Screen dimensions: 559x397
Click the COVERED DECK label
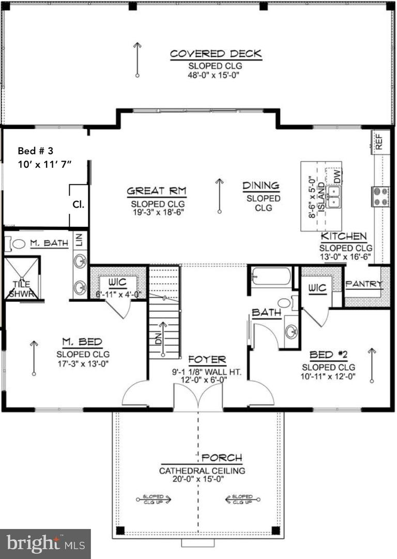click(216, 54)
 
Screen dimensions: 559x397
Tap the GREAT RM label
click(157, 192)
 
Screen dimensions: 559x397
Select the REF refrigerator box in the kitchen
click(379, 140)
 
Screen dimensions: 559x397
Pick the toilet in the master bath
click(18, 244)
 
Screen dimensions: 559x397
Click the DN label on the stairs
click(159, 339)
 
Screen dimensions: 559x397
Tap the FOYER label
click(207, 360)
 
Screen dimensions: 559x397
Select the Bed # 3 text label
click(36, 151)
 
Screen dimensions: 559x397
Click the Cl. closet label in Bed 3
click(78, 204)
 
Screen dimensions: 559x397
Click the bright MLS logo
click(45, 543)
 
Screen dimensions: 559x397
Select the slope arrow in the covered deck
click(137, 60)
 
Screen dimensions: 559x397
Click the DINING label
click(262, 185)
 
